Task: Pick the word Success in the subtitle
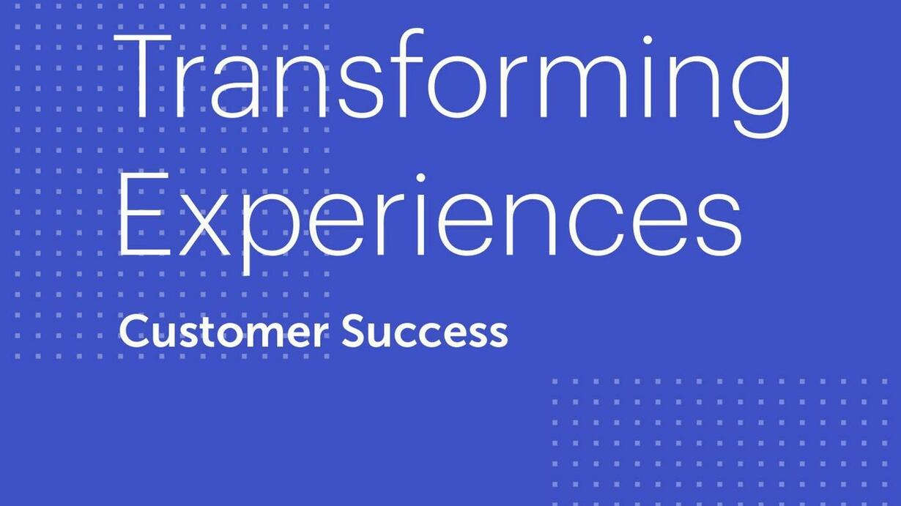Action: pyautogui.click(x=425, y=332)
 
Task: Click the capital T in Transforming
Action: pyautogui.click(x=143, y=75)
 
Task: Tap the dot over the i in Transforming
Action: pyautogui.click(x=648, y=40)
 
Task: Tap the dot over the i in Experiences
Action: pyautogui.click(x=420, y=178)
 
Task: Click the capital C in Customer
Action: pyautogui.click(x=134, y=332)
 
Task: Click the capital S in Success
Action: pyautogui.click(x=354, y=332)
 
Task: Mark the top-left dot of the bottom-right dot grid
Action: pyautogui.click(x=555, y=382)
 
